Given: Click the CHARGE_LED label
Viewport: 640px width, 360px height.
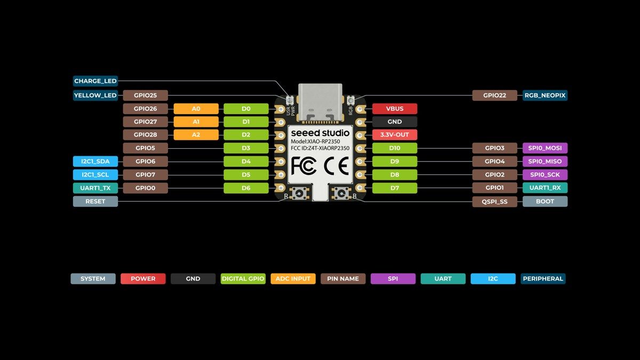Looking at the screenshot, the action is point(95,81).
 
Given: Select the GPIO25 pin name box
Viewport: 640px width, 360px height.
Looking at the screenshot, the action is point(146,95).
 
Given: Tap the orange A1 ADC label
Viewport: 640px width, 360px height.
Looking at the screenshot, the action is point(196,122).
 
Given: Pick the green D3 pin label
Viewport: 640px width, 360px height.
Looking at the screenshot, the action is point(246,148).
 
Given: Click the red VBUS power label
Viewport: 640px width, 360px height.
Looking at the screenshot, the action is point(395,109).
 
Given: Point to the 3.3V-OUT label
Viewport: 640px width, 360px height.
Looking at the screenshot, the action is point(395,134).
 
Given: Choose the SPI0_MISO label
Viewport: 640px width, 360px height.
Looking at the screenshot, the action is point(545,161).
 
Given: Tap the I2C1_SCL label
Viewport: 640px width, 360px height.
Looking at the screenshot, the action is point(95,174).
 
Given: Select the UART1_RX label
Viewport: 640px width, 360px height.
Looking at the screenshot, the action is point(545,188).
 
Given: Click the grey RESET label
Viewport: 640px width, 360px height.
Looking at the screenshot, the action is point(95,202).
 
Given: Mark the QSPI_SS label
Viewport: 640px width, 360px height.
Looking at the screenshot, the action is point(494,202).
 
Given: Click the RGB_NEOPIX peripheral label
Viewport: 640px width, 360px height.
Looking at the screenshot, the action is point(545,95).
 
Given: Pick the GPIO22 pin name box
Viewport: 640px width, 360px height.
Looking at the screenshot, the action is point(494,95).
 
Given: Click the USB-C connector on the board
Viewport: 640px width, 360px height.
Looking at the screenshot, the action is point(320,102).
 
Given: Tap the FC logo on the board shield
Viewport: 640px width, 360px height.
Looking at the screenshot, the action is point(303,166).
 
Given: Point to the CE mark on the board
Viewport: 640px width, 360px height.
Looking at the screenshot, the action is point(337,166).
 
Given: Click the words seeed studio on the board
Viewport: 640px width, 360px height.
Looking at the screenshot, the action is point(320,133).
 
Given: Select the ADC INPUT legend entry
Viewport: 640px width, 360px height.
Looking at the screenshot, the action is point(293,278).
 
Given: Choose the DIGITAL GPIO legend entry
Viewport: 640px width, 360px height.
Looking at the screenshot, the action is point(243,278).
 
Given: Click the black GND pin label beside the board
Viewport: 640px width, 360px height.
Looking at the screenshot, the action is point(395,122).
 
